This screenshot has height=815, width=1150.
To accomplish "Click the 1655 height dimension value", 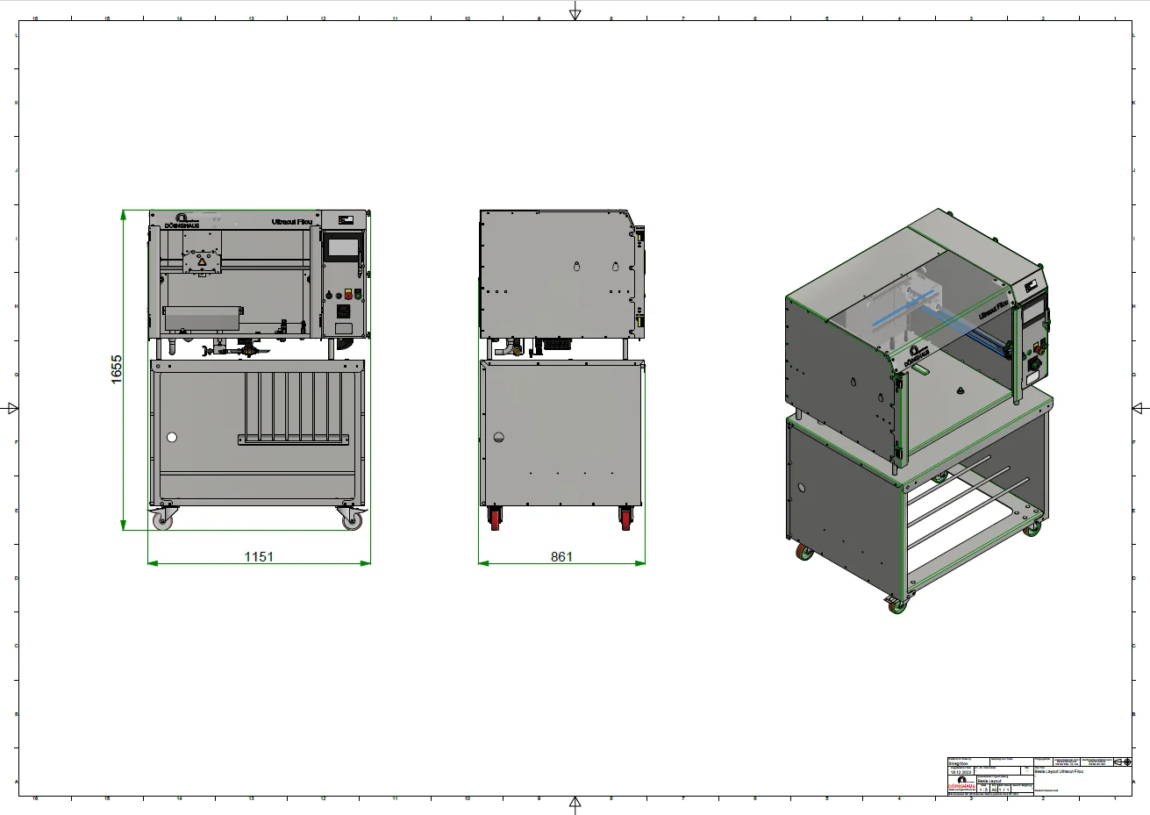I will coord(117,369).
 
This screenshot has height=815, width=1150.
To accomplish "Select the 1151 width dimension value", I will coord(259,556).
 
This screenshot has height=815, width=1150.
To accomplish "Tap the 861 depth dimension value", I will coord(561,556).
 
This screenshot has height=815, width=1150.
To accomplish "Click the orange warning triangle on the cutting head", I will coord(202,261).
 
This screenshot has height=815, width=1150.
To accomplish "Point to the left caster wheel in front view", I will coord(163,520).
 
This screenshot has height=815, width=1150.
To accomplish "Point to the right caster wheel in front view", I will coord(352,520).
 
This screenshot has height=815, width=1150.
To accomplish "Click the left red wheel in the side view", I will coord(495,519).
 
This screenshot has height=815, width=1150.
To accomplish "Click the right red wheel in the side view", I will coord(626,519).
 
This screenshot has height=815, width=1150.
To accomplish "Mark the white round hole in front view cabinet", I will coord(172,437).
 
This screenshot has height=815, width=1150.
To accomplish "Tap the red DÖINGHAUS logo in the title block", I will coord(961,787).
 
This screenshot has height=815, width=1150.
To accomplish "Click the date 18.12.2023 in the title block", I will coord(961,772).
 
